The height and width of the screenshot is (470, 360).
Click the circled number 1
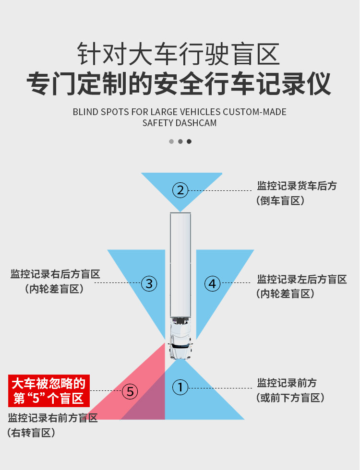point(180,387)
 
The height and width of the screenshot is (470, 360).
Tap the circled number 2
point(180,190)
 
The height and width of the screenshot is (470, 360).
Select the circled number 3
point(149,283)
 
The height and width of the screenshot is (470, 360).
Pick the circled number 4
point(212,283)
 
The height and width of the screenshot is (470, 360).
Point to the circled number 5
point(130,392)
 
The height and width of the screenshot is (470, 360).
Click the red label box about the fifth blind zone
point(49,391)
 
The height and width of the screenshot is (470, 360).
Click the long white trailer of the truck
point(180,264)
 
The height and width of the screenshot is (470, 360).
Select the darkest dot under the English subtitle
point(189,141)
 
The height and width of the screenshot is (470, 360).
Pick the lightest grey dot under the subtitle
point(171,141)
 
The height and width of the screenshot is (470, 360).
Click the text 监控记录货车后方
point(297,186)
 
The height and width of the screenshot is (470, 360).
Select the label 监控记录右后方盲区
point(55,274)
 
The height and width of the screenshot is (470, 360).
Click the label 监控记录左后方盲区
point(302,279)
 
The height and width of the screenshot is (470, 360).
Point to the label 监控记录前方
point(287,383)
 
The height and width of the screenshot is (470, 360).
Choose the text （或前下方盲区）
point(290,398)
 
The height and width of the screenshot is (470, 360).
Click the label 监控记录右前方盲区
point(53,417)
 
